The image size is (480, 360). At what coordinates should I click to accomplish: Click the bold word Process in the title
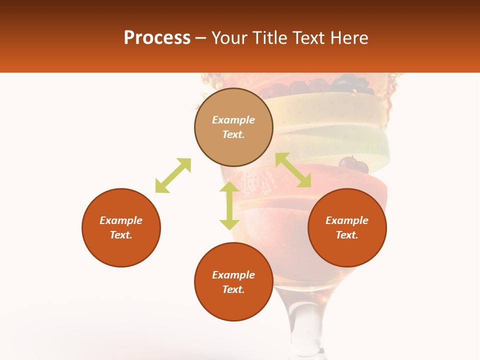[x=157, y=38]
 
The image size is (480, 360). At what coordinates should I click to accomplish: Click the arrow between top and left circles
[x=173, y=175]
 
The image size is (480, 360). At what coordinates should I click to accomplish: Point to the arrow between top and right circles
[x=293, y=170]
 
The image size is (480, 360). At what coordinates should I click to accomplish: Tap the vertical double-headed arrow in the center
[x=229, y=205]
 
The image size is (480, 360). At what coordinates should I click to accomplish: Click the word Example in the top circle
[x=233, y=120]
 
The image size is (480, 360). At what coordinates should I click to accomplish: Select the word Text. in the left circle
[x=121, y=235]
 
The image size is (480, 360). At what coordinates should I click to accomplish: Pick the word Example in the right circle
[x=347, y=220]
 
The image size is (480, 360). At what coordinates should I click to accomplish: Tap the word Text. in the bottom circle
[x=233, y=289]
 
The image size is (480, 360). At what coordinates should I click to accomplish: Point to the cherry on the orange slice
[x=353, y=164]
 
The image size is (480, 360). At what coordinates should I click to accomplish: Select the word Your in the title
[x=228, y=38]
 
